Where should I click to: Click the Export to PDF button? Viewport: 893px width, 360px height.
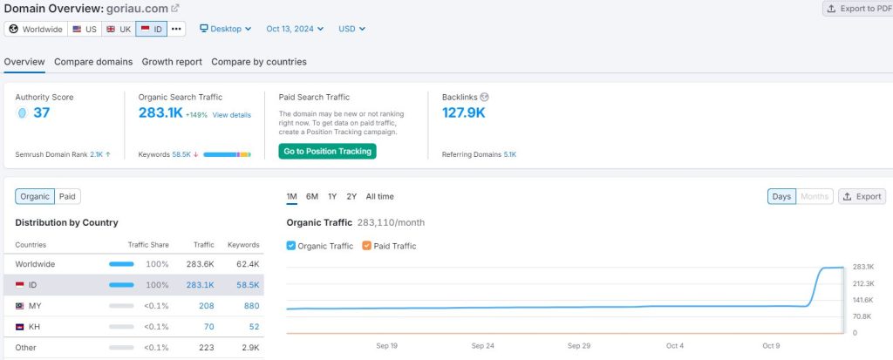click(x=857, y=9)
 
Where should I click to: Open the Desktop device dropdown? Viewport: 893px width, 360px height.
click(x=226, y=29)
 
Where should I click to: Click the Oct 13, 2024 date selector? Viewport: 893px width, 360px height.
click(x=295, y=29)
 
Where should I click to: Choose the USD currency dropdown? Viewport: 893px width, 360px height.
click(x=351, y=29)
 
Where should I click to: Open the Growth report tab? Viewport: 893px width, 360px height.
click(x=172, y=62)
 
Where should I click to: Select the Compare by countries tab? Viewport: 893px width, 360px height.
click(x=258, y=62)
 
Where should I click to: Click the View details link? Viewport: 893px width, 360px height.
click(x=231, y=115)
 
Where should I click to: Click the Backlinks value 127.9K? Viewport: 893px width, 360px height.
click(x=464, y=112)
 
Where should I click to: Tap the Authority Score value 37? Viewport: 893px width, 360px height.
click(x=41, y=112)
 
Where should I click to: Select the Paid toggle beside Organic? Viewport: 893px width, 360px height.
click(x=67, y=197)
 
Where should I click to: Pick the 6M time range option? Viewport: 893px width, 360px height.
click(x=312, y=197)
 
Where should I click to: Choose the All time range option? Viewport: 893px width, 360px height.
click(x=379, y=197)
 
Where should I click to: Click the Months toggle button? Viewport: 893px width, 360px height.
click(x=815, y=197)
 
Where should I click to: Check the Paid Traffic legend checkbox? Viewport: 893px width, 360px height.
click(x=366, y=246)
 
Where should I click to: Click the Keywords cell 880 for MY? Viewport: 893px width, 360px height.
click(x=251, y=306)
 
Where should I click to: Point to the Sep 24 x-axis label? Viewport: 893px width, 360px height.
click(x=483, y=346)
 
